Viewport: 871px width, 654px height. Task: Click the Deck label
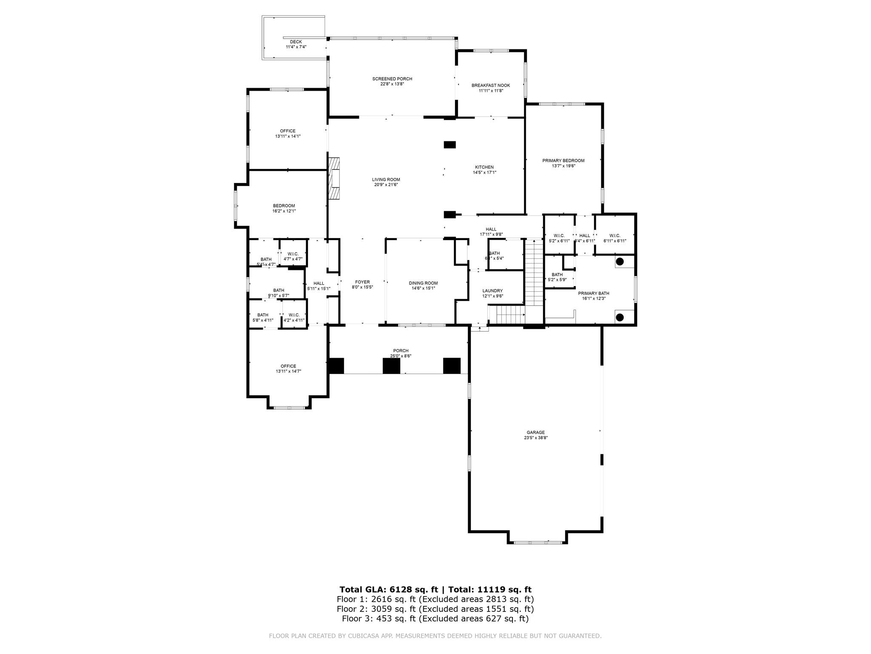[x=296, y=42]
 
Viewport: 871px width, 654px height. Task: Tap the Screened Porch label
[x=392, y=79]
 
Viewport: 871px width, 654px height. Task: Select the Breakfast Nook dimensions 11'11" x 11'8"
[x=490, y=91]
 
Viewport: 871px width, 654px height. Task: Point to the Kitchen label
[x=484, y=167]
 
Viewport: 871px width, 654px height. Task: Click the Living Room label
[x=386, y=179]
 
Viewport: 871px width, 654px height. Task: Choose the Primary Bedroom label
[x=563, y=161]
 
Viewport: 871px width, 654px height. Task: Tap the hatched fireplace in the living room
[x=334, y=178]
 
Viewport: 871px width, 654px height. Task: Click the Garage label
[x=535, y=432]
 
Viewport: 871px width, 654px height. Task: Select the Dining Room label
[x=423, y=283]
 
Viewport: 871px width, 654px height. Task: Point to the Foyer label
[x=362, y=282]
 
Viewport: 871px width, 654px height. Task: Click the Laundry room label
[x=492, y=291]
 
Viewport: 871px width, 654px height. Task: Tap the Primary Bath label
[x=593, y=293]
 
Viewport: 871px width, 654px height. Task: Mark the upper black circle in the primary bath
[x=620, y=261]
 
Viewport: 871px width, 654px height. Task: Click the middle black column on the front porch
[x=391, y=366]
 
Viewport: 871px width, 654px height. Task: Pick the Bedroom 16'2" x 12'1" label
[x=284, y=206]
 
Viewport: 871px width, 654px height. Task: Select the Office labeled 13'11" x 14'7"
[x=288, y=369]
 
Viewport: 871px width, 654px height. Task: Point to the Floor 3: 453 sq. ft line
[x=435, y=619]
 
